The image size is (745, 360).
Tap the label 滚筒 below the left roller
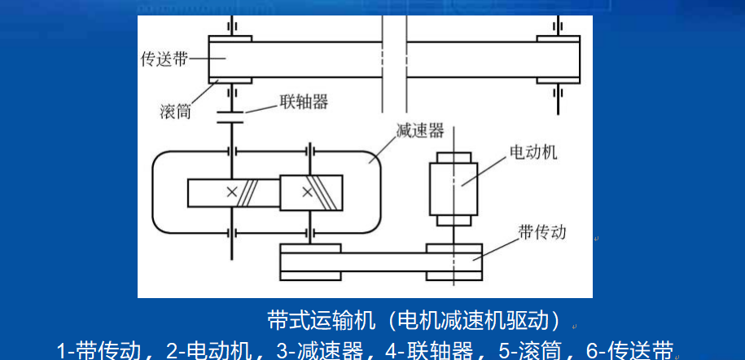(x=175, y=111)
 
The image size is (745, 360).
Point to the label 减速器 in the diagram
(x=419, y=131)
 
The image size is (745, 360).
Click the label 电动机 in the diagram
(x=533, y=152)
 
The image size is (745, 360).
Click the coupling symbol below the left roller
(x=231, y=116)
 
